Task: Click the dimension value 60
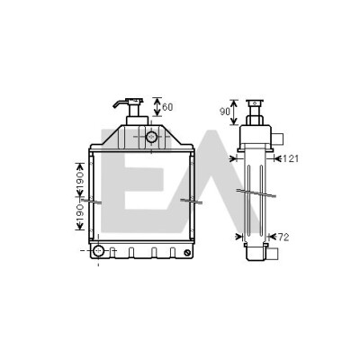167,107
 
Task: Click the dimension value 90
225,112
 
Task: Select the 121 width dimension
290,158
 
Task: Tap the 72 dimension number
283,238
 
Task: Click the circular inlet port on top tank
151,137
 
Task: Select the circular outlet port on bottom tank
98,250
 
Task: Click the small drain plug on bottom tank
188,253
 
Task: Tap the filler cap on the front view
134,101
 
